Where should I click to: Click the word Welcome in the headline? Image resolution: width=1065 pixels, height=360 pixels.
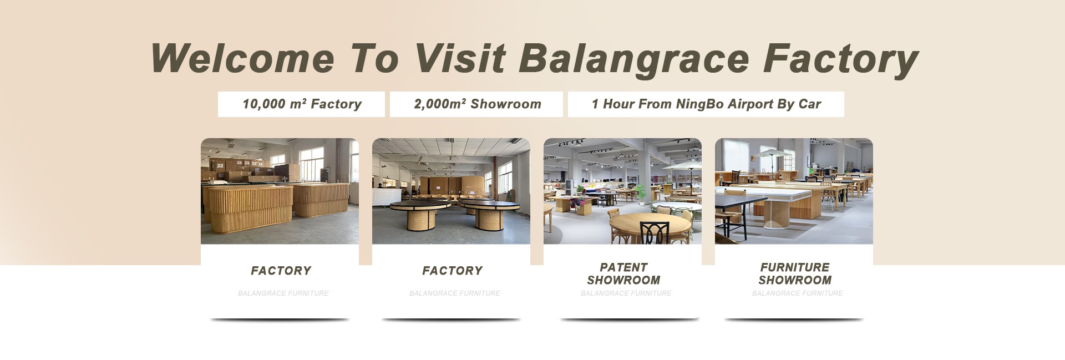pos(242,58)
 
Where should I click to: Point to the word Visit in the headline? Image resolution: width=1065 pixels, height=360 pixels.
pos(460,58)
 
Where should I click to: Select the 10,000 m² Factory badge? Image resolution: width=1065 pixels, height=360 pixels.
pos(301,104)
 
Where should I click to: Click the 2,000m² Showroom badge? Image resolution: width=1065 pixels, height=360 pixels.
pos(476,104)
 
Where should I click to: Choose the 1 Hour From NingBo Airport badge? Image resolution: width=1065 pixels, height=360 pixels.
pos(706,104)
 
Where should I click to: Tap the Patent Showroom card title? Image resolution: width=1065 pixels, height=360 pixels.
pos(623,273)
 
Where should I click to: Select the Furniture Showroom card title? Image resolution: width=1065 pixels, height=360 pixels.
pos(795,273)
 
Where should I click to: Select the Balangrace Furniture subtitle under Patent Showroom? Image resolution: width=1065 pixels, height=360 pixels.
pos(626,293)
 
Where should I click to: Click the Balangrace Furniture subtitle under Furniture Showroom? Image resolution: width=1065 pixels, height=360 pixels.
pos(798,293)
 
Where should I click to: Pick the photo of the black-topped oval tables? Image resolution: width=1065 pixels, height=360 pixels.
pos(451,191)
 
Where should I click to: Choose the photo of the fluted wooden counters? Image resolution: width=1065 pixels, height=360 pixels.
pos(280,191)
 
